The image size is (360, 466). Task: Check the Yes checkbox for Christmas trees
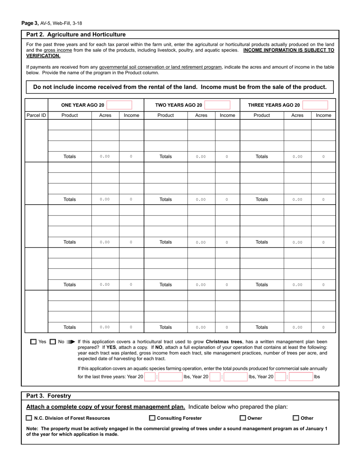[34, 342]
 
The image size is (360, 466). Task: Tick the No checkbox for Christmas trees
[53, 342]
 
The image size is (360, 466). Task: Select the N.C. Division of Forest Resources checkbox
[29, 418]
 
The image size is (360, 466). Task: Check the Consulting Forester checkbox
[152, 418]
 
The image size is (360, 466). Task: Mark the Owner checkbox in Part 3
[243, 418]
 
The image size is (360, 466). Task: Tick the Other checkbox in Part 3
[296, 418]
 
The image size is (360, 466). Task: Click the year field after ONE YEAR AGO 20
[119, 105]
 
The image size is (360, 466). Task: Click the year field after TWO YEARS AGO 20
[217, 105]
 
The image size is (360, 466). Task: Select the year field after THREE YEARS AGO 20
[315, 105]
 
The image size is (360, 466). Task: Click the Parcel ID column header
[36, 115]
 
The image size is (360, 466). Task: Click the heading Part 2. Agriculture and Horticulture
[76, 34]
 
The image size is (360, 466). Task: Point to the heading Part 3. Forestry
[49, 396]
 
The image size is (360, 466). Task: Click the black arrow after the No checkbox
[70, 342]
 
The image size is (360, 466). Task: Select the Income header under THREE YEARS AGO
[323, 115]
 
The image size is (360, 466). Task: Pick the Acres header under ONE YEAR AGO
[105, 115]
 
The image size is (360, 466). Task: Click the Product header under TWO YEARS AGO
[166, 115]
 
